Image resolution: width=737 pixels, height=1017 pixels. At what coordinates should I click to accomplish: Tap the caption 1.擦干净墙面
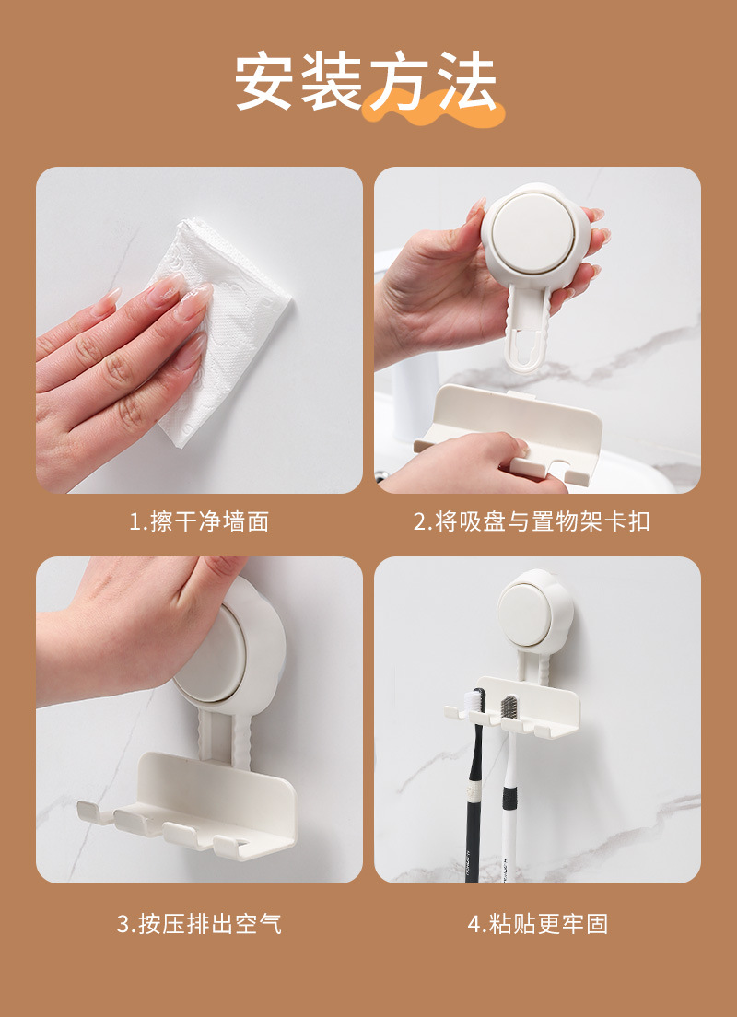click(199, 521)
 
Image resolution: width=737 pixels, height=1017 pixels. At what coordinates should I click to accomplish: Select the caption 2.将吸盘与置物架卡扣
click(532, 521)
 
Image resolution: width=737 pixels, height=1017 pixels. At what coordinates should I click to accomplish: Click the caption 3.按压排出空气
click(199, 923)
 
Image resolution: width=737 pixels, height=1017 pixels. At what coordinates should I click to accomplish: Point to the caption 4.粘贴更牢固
click(538, 923)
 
